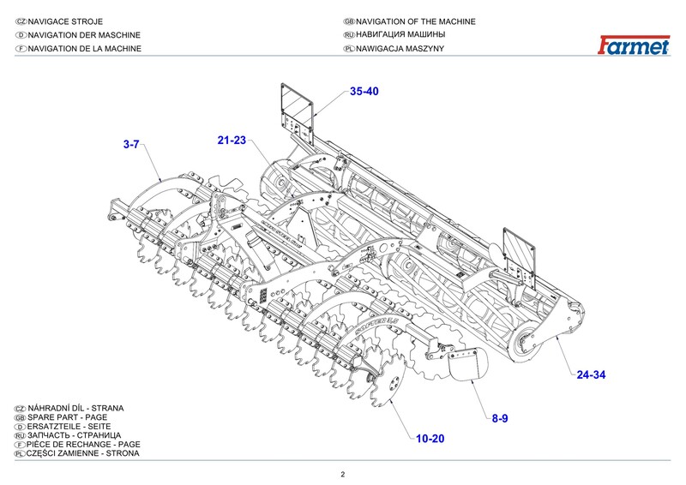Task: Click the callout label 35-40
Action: click(x=364, y=92)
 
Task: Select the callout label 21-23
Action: click(x=232, y=140)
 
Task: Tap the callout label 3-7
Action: click(x=131, y=146)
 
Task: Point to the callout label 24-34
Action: click(x=592, y=374)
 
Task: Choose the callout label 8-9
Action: click(x=500, y=417)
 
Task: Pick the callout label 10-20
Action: click(x=430, y=439)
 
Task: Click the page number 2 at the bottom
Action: click(x=342, y=475)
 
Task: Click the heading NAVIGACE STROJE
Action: click(x=72, y=21)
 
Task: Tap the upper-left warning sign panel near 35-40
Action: click(x=297, y=104)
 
